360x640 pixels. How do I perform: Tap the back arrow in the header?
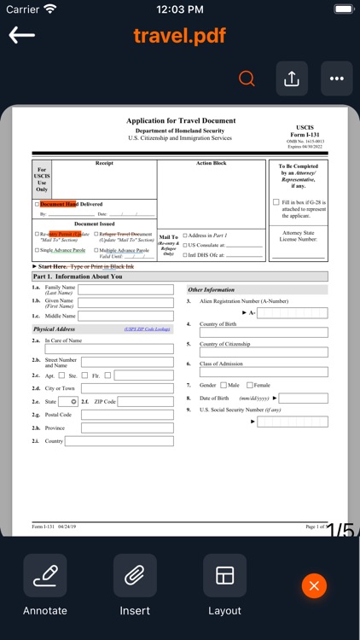pos(22,35)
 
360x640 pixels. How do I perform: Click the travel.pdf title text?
pos(180,36)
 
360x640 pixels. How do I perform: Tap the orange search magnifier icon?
pos(247,79)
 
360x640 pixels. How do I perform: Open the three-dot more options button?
pos(336,79)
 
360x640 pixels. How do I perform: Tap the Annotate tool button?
pos(44,576)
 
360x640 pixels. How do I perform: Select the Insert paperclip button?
pos(135,576)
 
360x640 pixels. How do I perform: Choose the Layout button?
pos(224,576)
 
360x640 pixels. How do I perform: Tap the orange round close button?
pos(314,585)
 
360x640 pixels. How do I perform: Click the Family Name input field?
pos(125,289)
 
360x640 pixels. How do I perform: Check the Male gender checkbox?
pos(224,385)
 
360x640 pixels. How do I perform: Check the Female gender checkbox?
pos(250,385)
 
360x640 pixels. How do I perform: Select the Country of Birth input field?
pos(264,332)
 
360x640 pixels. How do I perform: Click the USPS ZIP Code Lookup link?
pos(147,329)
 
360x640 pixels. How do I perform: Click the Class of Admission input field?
pos(264,372)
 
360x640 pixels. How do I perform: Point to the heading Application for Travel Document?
pos(181,121)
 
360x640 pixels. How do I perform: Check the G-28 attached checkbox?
pos(276,202)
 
